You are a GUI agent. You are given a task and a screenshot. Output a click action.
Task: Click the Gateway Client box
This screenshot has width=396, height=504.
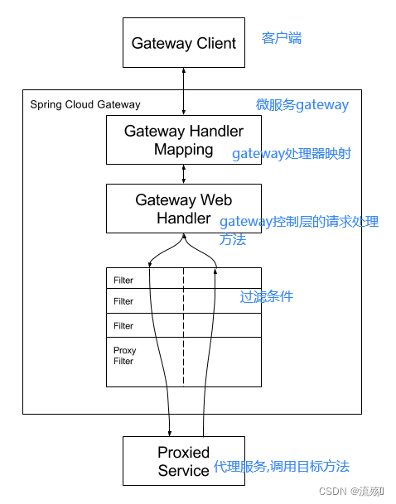[x=184, y=43]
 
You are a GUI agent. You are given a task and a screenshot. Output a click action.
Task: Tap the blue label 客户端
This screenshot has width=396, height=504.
[x=282, y=38]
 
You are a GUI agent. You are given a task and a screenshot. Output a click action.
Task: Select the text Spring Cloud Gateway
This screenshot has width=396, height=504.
[x=85, y=104]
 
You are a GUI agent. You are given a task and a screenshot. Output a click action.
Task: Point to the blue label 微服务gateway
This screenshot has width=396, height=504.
[x=302, y=104]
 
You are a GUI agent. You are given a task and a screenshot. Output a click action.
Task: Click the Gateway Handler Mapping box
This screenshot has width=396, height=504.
[x=184, y=140]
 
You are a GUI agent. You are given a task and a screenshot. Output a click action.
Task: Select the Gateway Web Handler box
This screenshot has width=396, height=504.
[x=184, y=209]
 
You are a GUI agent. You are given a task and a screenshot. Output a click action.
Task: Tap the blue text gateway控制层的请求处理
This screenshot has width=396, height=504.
[x=298, y=222]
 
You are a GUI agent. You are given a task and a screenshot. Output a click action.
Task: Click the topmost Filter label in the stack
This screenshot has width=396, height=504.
[x=123, y=281]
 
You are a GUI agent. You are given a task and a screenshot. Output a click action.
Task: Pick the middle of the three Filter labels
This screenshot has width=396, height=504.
[x=123, y=301]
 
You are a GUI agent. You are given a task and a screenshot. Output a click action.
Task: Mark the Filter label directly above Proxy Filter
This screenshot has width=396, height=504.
[x=123, y=325]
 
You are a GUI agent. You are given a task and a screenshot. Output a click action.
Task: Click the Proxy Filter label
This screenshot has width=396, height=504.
[x=125, y=356]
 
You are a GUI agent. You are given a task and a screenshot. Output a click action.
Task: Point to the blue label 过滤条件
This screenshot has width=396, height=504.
[x=266, y=296]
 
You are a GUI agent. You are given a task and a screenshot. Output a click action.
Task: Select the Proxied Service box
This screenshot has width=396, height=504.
[x=184, y=461]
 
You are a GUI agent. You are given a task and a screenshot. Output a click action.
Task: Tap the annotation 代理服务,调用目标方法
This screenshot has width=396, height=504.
[x=282, y=467]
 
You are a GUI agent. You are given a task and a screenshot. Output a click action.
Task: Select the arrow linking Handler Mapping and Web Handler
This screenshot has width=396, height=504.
[x=184, y=174]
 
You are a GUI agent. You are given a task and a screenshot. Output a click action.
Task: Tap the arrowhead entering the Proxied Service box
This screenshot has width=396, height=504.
[x=170, y=432]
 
